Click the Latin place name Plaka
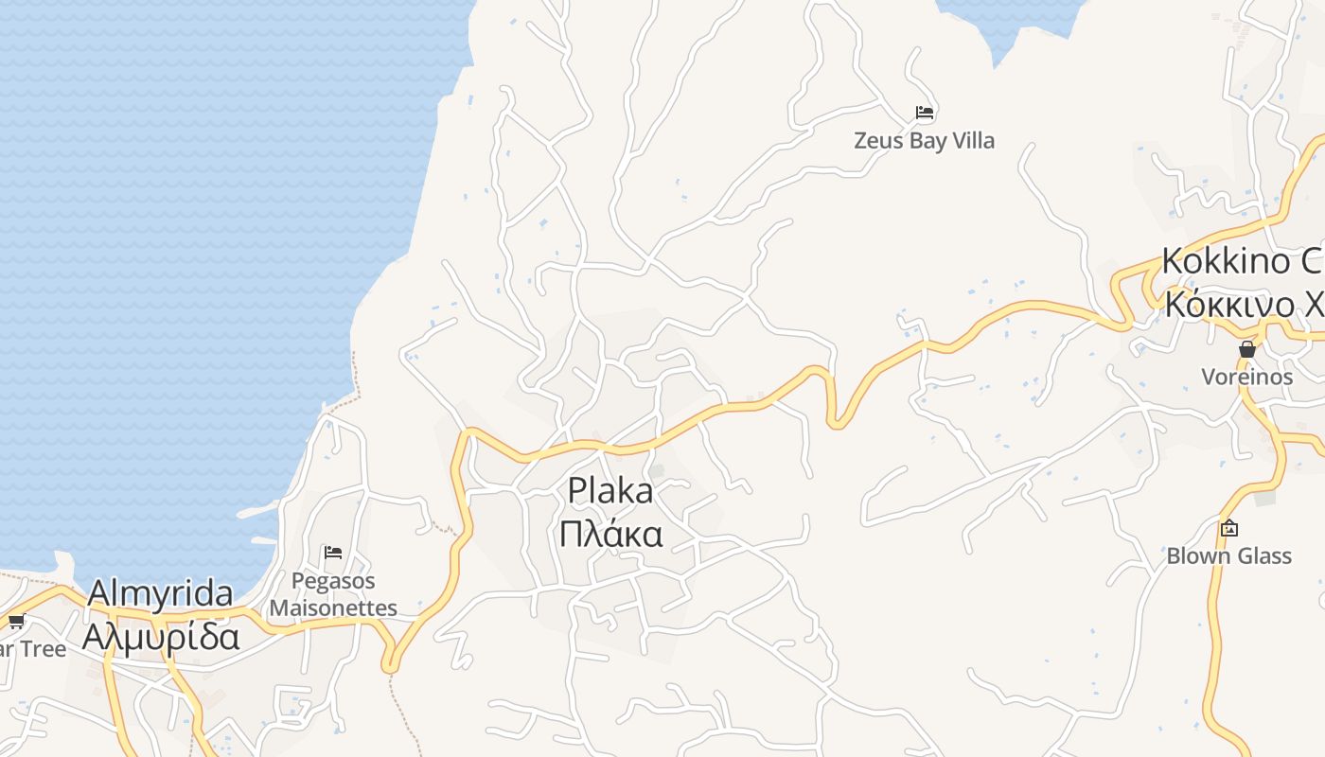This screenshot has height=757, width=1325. click(x=610, y=491)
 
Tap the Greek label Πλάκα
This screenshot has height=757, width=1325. click(x=610, y=535)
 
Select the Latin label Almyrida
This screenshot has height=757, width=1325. click(x=160, y=594)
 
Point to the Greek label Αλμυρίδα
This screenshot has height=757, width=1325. click(x=160, y=637)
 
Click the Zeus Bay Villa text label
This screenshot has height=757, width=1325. click(x=924, y=141)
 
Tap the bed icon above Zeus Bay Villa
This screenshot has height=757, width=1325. click(x=925, y=113)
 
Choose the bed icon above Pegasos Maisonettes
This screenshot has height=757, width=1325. click(x=332, y=553)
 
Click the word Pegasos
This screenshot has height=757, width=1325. click(x=333, y=581)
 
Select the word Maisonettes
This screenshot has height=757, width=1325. click(x=333, y=607)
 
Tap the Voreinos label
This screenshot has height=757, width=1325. click(x=1246, y=377)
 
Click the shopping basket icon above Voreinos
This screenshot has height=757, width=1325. click(x=1247, y=349)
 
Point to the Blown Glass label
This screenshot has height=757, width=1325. click(x=1228, y=555)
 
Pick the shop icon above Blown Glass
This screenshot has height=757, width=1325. click(x=1229, y=528)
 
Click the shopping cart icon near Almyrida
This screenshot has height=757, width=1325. click(x=16, y=622)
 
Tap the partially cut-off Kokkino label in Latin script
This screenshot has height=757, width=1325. click(x=1241, y=260)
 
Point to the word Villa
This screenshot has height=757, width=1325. click(x=972, y=141)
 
